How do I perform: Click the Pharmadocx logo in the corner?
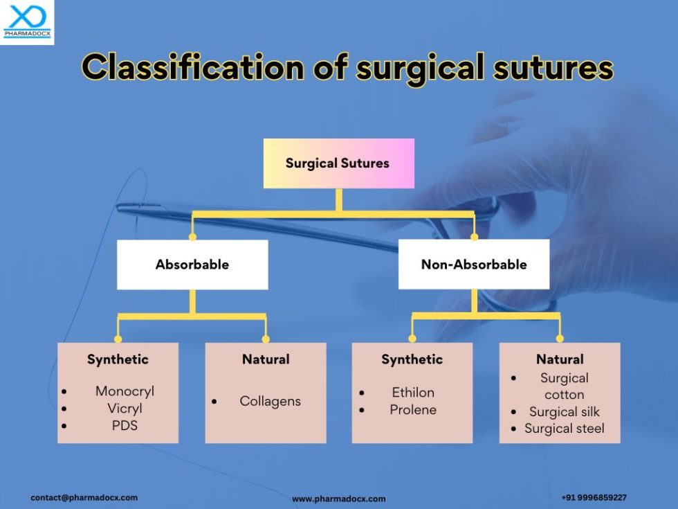pos(26,21)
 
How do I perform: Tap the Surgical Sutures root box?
pos(338,163)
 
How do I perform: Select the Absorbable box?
pos(192,265)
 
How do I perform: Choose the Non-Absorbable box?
pos(474,265)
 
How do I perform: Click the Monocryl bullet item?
pos(125,391)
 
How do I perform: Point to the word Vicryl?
pos(125,409)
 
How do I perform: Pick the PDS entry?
pos(125,426)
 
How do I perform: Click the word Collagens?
pos(270,402)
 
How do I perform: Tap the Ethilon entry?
pos(413,393)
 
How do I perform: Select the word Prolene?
pos(413,410)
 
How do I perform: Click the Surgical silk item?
pos(565,412)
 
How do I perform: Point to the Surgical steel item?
pos(565,429)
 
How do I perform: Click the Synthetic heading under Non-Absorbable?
pos(412,359)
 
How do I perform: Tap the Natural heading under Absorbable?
pos(266,359)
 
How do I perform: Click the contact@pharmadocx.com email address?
pos(84,497)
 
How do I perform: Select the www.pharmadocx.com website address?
pos(338,499)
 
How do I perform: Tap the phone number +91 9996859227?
pos(594,497)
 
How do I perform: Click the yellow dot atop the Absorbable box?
pos(192,237)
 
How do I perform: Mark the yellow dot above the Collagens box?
pos(266,339)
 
